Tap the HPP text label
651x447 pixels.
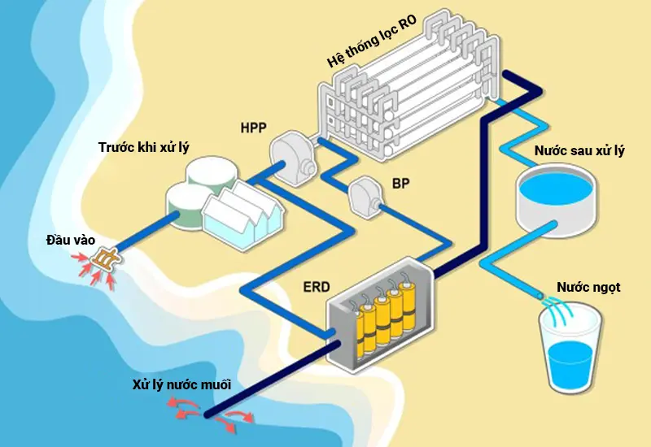(x=254, y=128)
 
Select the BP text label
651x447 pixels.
(x=400, y=184)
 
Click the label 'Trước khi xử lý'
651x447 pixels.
(x=148, y=147)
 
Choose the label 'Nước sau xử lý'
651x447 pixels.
(x=579, y=151)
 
